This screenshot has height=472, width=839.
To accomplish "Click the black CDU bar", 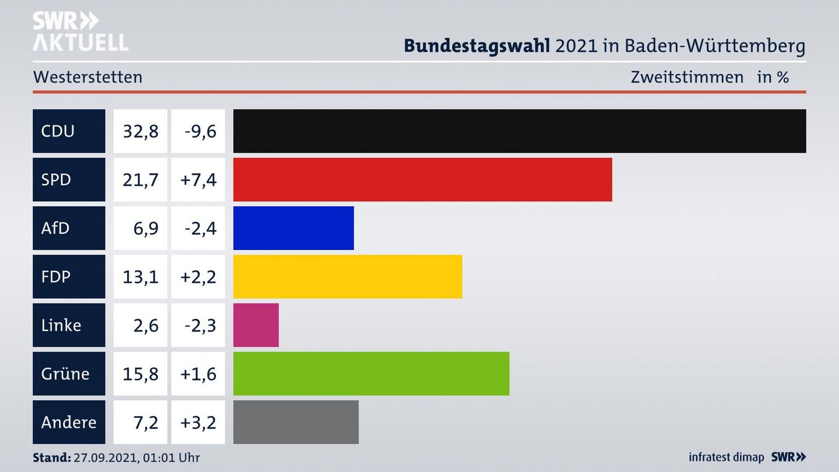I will [519, 131].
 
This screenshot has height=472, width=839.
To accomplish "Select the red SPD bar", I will [422, 179].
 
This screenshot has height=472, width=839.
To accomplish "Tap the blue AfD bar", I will [293, 228].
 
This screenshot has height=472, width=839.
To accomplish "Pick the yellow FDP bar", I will [347, 276].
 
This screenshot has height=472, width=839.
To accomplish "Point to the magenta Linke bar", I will [256, 325].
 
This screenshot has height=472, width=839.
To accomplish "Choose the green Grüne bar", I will [371, 374].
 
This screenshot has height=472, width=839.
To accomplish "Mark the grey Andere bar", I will [296, 422].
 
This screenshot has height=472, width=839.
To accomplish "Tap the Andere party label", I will [69, 422].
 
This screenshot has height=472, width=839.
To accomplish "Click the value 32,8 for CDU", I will [140, 131].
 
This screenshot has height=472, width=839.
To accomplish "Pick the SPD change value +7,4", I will [198, 179].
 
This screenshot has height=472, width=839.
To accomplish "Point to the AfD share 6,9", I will [146, 228].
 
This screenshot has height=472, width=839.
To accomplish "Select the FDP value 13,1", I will [140, 276].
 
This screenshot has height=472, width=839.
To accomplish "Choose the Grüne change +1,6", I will [198, 374].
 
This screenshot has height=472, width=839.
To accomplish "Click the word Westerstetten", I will [88, 77].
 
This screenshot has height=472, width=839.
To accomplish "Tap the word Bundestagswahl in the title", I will [477, 45].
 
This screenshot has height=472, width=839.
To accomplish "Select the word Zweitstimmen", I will [687, 77].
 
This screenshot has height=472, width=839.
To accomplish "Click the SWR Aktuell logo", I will [80, 31].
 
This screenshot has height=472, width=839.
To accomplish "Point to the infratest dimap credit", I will [726, 457].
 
